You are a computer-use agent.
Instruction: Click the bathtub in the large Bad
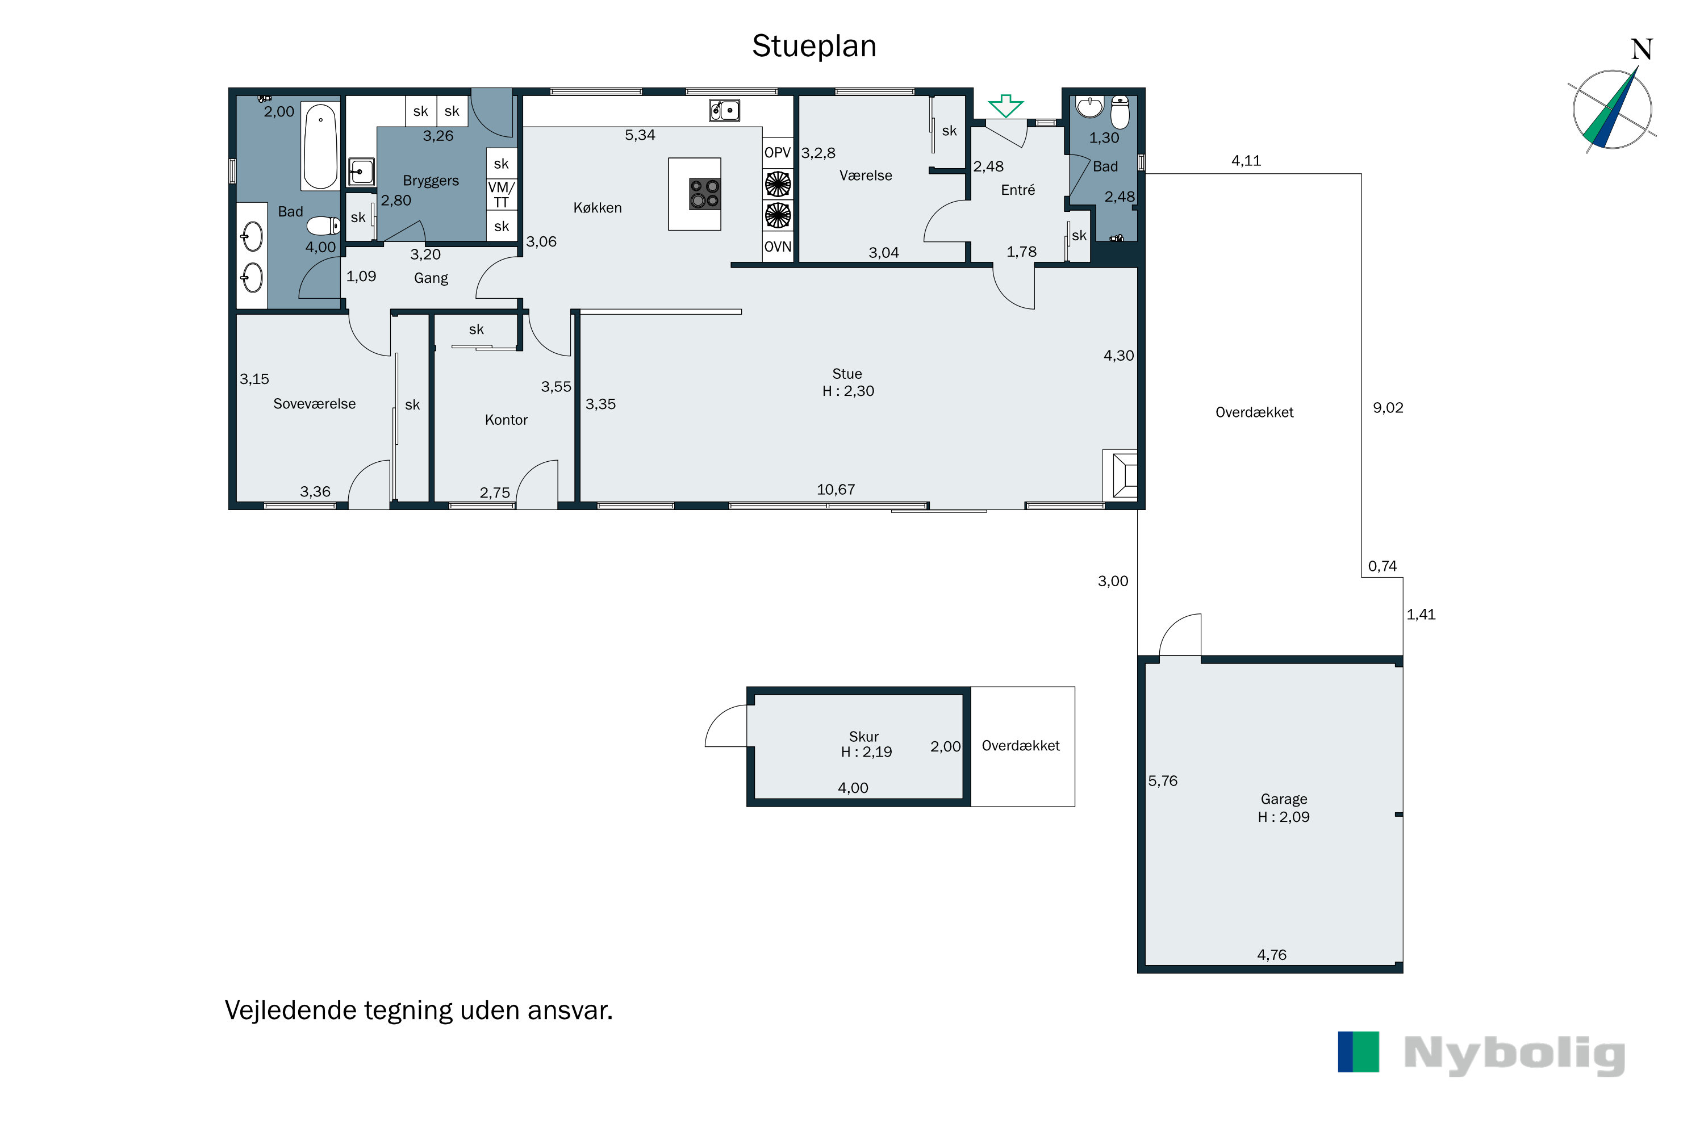320,147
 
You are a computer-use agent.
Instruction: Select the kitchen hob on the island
704,194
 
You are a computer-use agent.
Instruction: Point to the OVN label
778,247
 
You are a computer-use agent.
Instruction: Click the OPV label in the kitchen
778,153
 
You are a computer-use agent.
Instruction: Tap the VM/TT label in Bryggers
502,195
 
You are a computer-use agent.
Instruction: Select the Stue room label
847,374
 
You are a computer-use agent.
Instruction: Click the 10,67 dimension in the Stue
836,490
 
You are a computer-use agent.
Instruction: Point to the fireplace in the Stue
1121,474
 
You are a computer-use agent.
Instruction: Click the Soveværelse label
315,404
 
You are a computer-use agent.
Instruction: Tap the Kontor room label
507,420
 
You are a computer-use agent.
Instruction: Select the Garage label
1284,799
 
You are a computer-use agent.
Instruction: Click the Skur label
863,737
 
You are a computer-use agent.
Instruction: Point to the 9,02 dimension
1388,408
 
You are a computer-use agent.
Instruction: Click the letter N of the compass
1642,50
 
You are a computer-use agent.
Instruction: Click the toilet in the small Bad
1120,112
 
